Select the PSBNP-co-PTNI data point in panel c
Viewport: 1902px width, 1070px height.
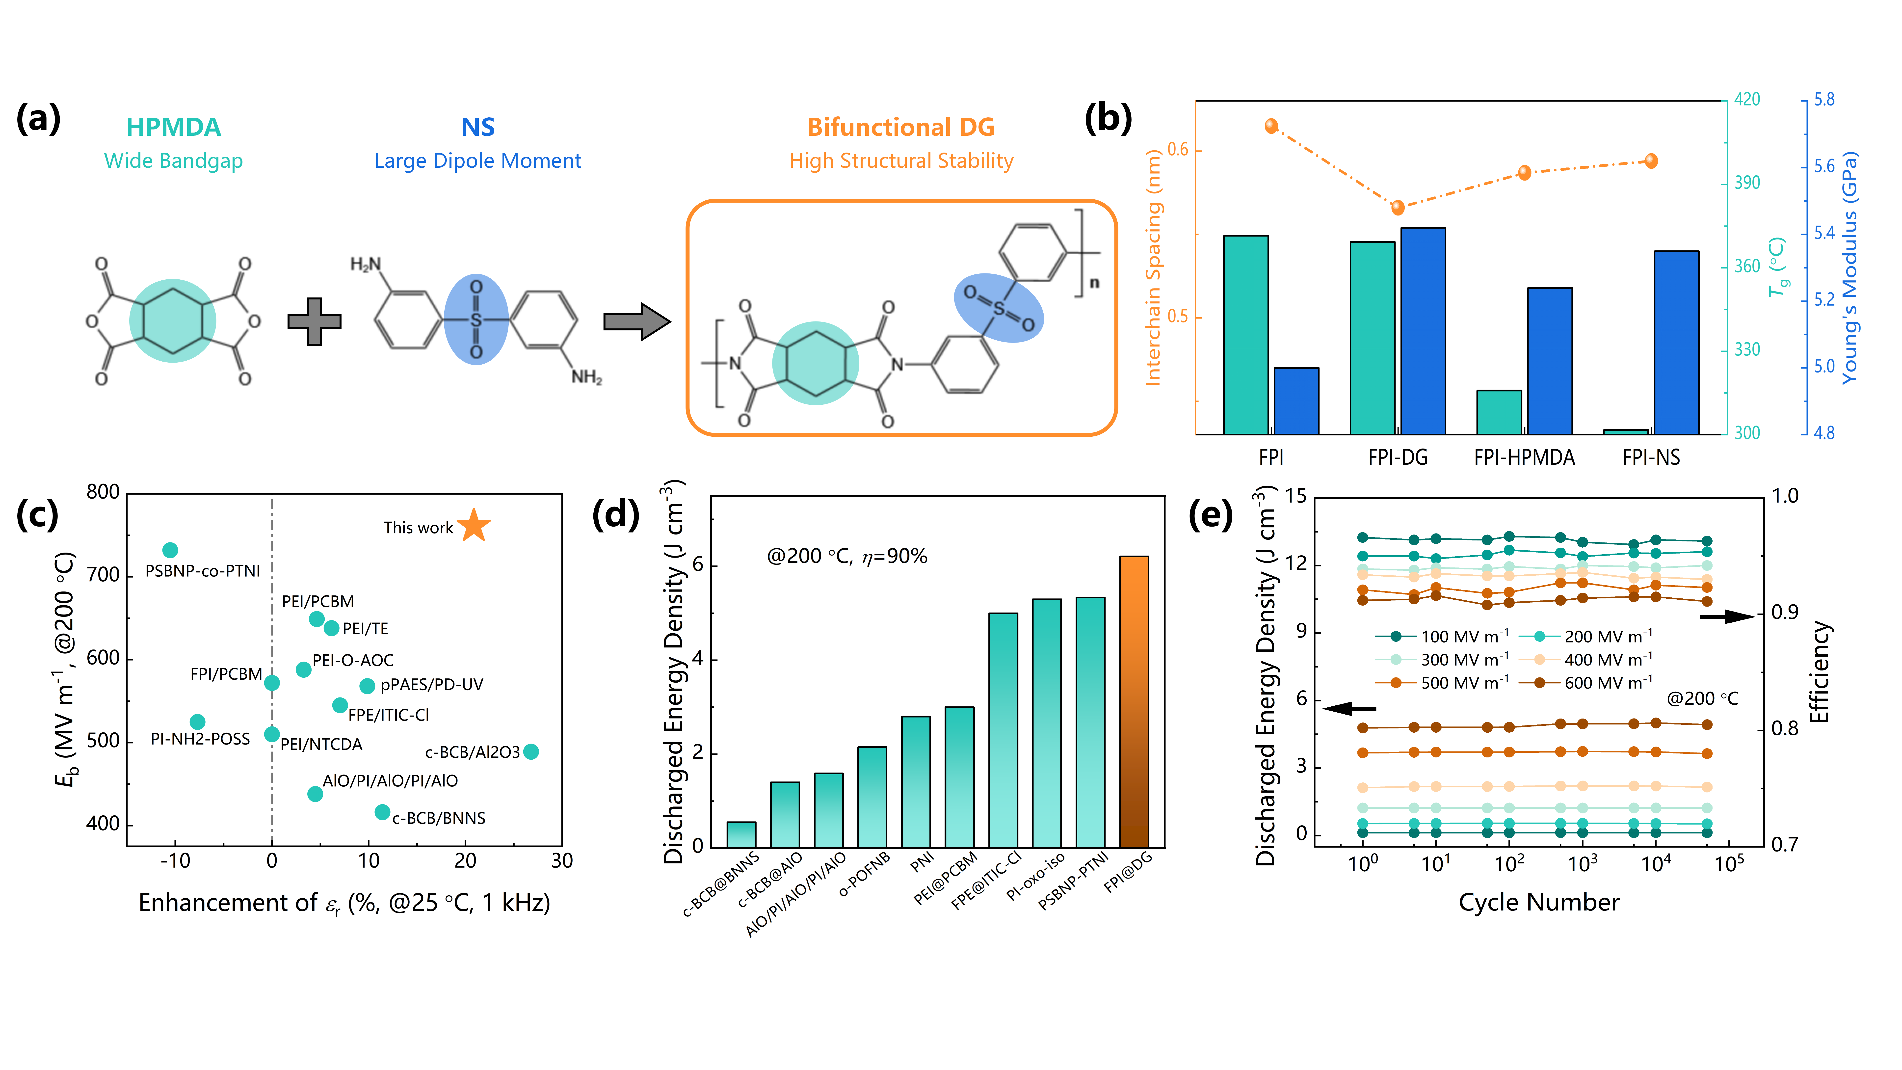coord(170,550)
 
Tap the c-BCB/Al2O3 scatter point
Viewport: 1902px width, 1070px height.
coord(531,752)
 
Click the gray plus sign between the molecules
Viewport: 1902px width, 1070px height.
coord(315,321)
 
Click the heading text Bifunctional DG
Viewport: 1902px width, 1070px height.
coord(901,127)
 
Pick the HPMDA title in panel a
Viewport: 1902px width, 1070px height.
coord(174,127)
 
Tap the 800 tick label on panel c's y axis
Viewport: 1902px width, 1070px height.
coord(103,493)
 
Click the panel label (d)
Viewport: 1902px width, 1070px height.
coord(615,515)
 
